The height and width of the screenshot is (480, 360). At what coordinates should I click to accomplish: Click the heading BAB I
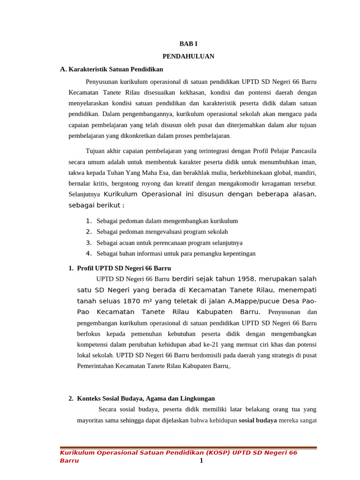[188, 44]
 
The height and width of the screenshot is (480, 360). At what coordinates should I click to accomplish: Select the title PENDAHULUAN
[188, 56]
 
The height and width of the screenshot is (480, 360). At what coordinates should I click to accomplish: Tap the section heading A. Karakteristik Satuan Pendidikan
[112, 69]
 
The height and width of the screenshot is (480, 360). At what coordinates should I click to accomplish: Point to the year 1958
[246, 279]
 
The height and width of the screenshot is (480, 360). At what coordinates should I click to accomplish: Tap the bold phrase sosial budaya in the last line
[257, 420]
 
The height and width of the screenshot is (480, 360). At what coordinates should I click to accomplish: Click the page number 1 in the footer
[201, 460]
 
